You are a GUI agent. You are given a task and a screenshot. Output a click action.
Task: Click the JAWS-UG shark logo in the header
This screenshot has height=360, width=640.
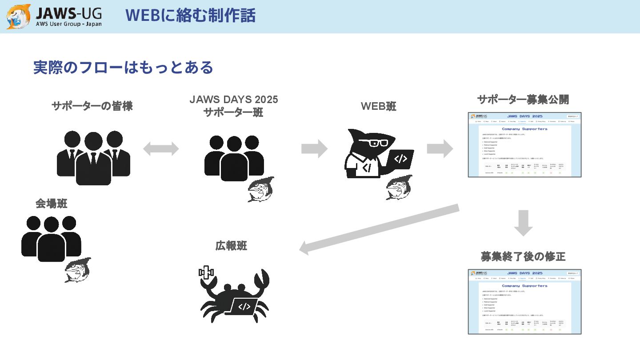pos(19,16)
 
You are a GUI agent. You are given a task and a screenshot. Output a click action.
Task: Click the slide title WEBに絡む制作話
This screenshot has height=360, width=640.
pos(190,16)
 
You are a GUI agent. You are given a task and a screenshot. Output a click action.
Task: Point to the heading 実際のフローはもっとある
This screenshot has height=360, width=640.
pos(123,68)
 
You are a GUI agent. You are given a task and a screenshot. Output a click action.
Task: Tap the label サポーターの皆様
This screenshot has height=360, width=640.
pos(92,106)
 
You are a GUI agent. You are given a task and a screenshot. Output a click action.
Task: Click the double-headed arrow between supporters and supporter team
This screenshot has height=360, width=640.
pos(161,149)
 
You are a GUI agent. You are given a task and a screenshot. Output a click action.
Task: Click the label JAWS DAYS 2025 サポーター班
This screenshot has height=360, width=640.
pos(233,106)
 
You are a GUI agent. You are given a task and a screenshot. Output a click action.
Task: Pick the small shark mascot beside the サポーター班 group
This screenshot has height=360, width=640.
pos(261,189)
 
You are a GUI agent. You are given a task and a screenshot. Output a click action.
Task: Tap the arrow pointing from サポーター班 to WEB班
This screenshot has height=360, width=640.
pos(314,148)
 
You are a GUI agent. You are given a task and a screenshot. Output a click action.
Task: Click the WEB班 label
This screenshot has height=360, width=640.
pos(378,106)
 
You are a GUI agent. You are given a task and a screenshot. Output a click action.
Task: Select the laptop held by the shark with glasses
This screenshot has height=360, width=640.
pos(400,159)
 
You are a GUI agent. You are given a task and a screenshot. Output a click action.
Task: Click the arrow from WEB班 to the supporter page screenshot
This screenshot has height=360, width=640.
pos(440,148)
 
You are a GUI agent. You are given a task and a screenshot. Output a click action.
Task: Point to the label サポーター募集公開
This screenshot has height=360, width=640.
pos(523,100)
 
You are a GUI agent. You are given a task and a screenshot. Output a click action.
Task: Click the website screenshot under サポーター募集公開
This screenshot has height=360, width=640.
pos(524,145)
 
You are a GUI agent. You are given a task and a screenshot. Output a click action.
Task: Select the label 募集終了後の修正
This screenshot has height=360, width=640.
pos(523,256)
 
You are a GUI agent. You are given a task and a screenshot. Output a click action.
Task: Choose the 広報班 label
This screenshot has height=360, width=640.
pos(231,245)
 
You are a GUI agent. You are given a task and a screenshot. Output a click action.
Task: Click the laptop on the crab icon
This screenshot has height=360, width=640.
pos(243,306)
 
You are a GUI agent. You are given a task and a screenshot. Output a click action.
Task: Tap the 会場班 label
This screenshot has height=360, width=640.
pos(52,204)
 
